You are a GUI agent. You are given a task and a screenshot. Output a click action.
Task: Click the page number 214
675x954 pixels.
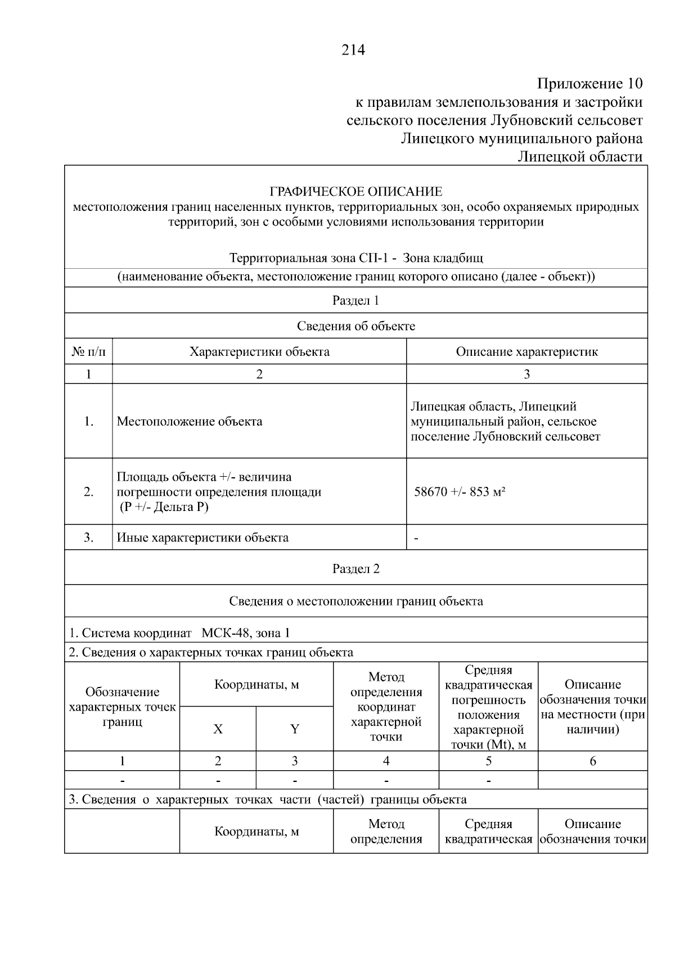click(x=353, y=50)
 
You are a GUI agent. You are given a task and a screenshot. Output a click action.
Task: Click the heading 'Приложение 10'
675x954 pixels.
click(x=589, y=84)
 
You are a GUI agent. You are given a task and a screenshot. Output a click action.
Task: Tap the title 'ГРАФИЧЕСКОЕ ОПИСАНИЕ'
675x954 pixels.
click(x=355, y=192)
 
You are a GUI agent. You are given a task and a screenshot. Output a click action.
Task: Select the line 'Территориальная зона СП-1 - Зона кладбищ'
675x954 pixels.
click(x=355, y=258)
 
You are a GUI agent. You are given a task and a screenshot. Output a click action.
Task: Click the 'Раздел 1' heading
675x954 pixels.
click(x=355, y=300)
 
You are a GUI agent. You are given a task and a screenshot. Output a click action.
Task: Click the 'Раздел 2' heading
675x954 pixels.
click(x=355, y=568)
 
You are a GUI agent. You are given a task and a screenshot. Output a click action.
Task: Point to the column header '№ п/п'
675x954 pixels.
click(x=88, y=352)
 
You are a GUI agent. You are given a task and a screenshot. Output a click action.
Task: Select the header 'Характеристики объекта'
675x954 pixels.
click(x=259, y=352)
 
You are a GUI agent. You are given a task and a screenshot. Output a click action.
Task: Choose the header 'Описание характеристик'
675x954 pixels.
click(x=526, y=352)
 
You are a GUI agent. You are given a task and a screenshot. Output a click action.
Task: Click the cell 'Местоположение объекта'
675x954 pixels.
click(x=190, y=422)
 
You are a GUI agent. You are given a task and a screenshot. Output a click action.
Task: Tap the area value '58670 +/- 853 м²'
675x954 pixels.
click(x=460, y=492)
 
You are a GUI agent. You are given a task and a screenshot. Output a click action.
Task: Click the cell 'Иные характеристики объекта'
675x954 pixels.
click(x=202, y=537)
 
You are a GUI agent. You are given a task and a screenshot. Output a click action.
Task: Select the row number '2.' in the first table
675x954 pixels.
click(x=88, y=492)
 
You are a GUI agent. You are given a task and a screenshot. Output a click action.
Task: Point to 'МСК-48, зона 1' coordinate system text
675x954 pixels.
click(x=246, y=633)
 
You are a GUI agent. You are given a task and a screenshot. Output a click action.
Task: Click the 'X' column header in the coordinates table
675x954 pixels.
click(x=218, y=729)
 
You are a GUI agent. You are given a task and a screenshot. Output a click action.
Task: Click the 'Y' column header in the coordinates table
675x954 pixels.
click(x=294, y=729)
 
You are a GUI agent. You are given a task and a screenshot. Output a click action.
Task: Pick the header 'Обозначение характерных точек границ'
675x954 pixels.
click(x=122, y=707)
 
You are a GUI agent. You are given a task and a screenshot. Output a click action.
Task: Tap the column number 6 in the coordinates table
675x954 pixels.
click(x=592, y=761)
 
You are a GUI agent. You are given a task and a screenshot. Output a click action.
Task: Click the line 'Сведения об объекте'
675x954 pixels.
click(x=355, y=326)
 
